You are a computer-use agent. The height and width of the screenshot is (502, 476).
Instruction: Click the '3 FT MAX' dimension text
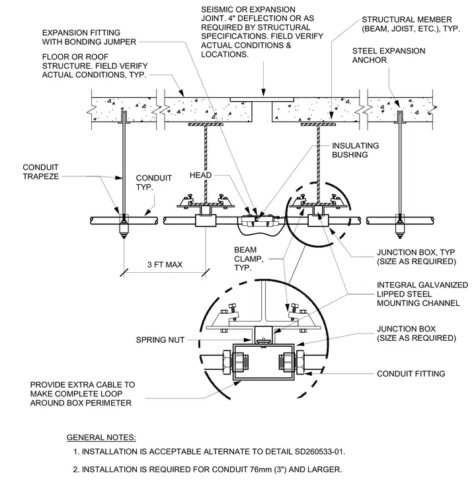165,265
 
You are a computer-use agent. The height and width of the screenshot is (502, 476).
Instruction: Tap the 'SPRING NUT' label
160,340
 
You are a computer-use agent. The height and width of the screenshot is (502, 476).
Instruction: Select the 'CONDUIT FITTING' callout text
411,374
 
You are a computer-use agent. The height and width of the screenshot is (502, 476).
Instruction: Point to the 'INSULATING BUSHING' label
355,150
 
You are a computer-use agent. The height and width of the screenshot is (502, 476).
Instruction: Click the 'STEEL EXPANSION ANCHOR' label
389,55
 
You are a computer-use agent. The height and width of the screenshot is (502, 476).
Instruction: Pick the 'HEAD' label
201,175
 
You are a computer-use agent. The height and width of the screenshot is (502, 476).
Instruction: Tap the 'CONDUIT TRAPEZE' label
41,172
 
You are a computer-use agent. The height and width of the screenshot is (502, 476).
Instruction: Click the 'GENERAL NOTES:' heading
101,438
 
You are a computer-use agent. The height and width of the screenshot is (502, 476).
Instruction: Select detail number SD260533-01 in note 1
319,452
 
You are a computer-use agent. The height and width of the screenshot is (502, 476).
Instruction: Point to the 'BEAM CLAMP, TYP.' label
249,259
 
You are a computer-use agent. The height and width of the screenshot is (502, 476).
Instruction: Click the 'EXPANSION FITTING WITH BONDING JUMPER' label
89,37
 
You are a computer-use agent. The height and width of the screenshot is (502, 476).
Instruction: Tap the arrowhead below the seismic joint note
264,93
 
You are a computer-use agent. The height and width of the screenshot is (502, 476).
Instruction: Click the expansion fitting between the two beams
260,221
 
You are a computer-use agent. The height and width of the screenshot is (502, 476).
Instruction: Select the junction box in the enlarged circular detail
264,362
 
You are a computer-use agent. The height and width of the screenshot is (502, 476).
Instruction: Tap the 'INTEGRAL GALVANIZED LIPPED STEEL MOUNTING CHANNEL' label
422,294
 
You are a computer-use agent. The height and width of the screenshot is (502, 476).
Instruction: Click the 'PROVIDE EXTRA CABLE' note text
83,394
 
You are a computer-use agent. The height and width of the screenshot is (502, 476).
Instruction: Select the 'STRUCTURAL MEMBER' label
411,24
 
